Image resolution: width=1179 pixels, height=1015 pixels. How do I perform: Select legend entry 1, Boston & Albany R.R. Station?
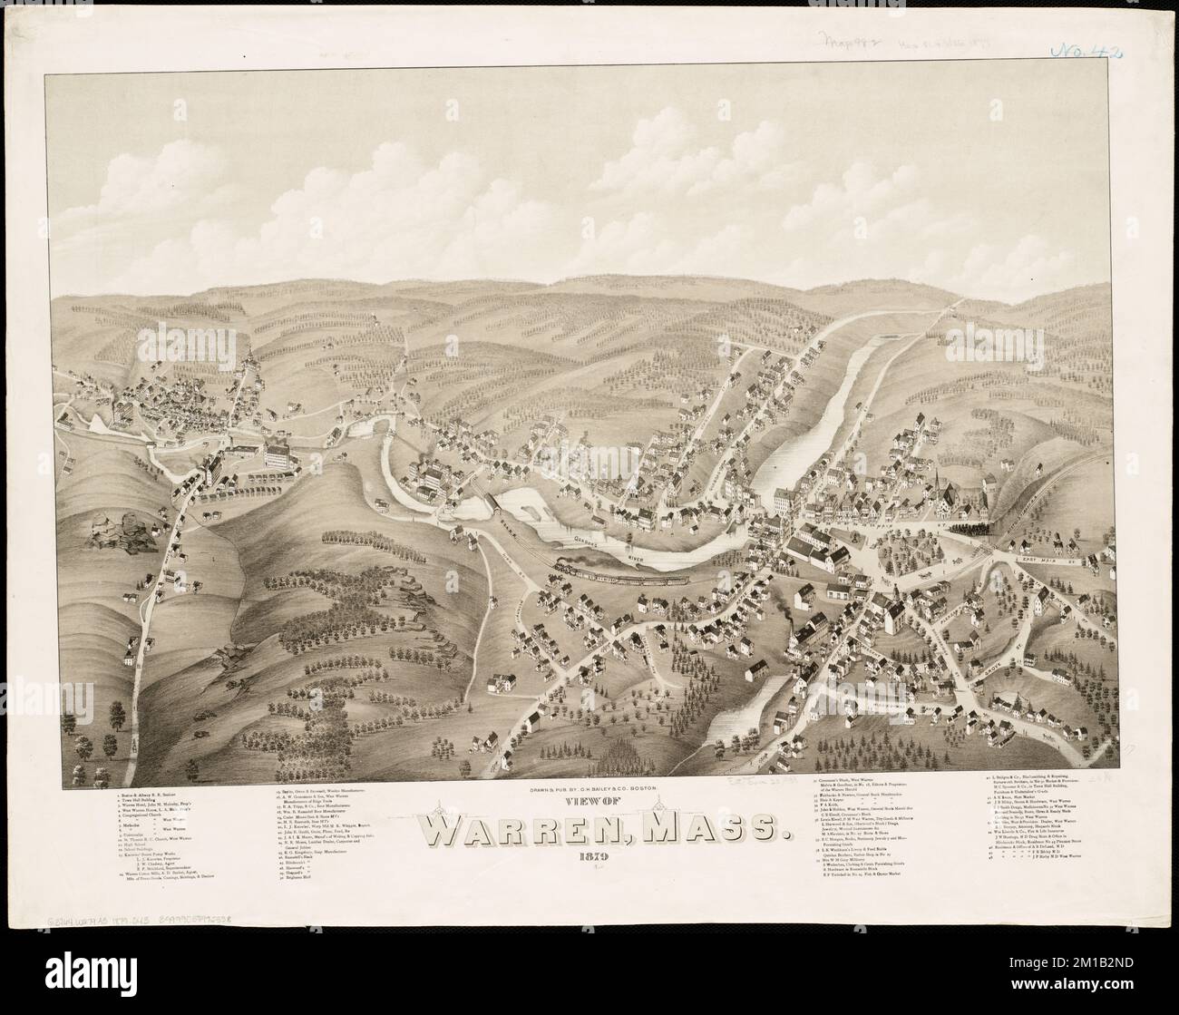146,797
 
